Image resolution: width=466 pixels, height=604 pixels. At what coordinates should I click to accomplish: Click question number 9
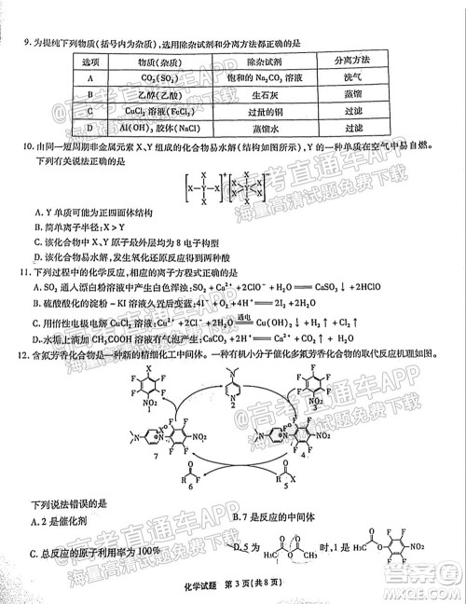[25, 42]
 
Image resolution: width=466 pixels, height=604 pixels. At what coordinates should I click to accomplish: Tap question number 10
[28, 145]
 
